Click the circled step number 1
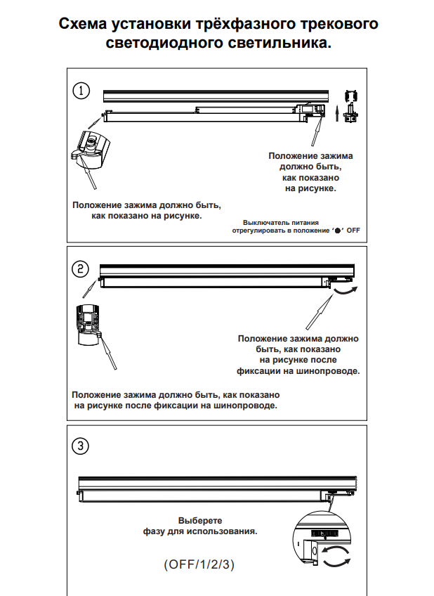point(83,91)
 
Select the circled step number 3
point(81,446)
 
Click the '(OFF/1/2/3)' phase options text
point(199,564)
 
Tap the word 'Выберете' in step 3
point(200,521)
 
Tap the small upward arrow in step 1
point(336,110)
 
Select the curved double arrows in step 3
point(336,555)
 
